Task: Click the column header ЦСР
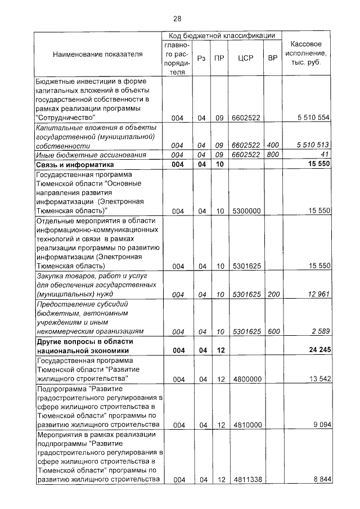tap(244, 58)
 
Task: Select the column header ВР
tap(273, 58)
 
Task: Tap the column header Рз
tap(201, 58)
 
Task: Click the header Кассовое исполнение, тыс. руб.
tap(307, 53)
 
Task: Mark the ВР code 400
tap(273, 145)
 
